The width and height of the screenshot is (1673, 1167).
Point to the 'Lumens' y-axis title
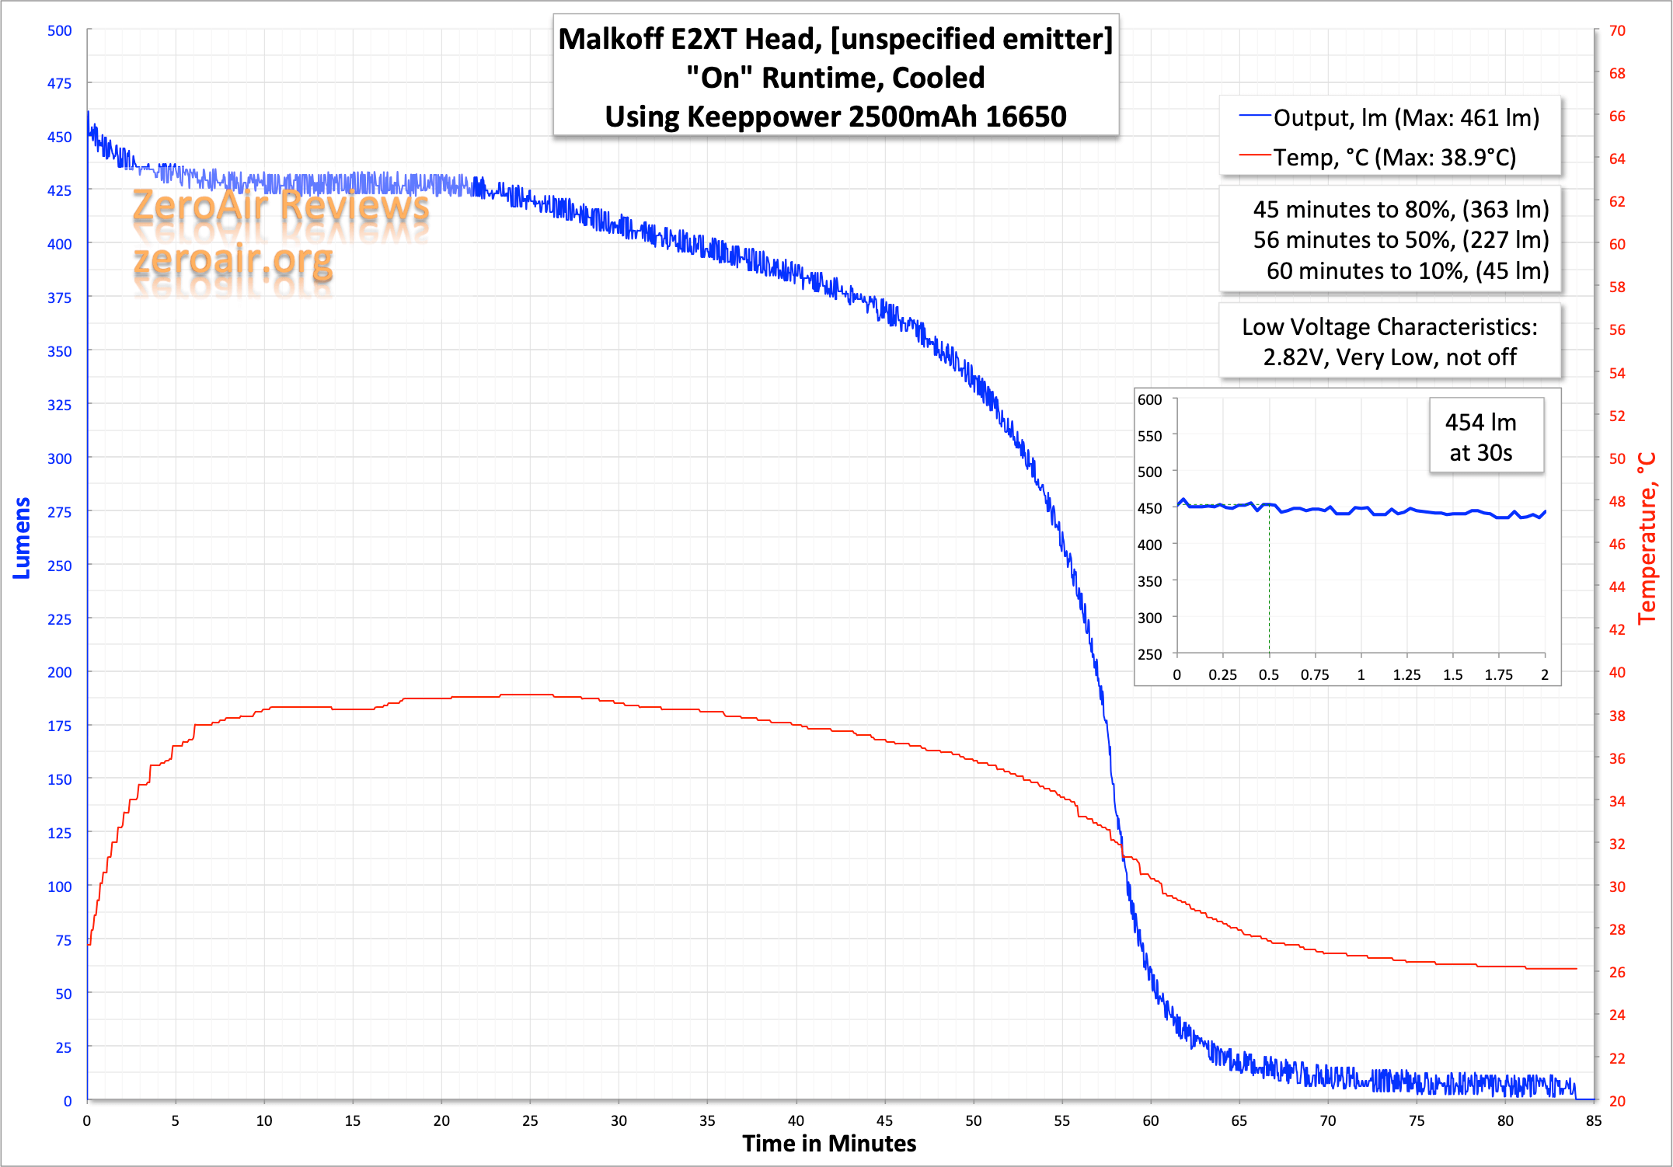coord(22,538)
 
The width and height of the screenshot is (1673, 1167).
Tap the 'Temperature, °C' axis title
coord(1647,538)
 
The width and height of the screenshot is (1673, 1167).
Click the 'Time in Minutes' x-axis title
coord(829,1144)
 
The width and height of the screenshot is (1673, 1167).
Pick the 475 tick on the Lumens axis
coord(59,83)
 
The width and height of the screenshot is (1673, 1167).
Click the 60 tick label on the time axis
coord(1150,1121)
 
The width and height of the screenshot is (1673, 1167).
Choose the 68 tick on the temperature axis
coord(1617,73)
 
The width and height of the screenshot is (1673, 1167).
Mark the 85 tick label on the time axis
coord(1594,1121)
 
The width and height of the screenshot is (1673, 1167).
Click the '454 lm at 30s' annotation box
coord(1481,437)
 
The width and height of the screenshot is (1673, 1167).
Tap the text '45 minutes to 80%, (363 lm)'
coord(1400,210)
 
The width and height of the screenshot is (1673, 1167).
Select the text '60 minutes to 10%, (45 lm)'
coord(1407,271)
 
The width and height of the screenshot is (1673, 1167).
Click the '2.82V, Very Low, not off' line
coord(1389,357)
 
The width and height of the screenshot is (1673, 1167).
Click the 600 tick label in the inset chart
coord(1149,399)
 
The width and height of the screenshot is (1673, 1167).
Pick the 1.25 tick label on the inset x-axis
coord(1406,675)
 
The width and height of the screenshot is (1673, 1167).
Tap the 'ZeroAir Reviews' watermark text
coord(281,206)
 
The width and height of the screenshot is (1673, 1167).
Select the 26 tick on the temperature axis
coord(1617,972)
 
